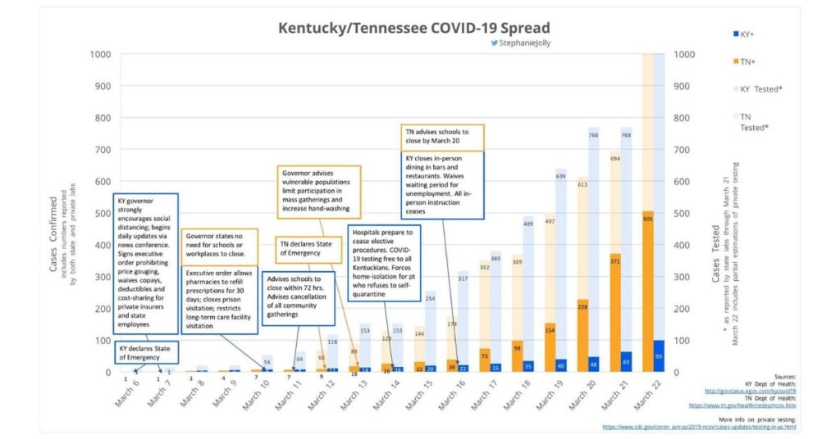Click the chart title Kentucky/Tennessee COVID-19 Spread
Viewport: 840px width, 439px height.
coord(414,28)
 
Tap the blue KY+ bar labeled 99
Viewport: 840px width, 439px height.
coord(660,356)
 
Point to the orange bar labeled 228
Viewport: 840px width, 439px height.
coord(583,336)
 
